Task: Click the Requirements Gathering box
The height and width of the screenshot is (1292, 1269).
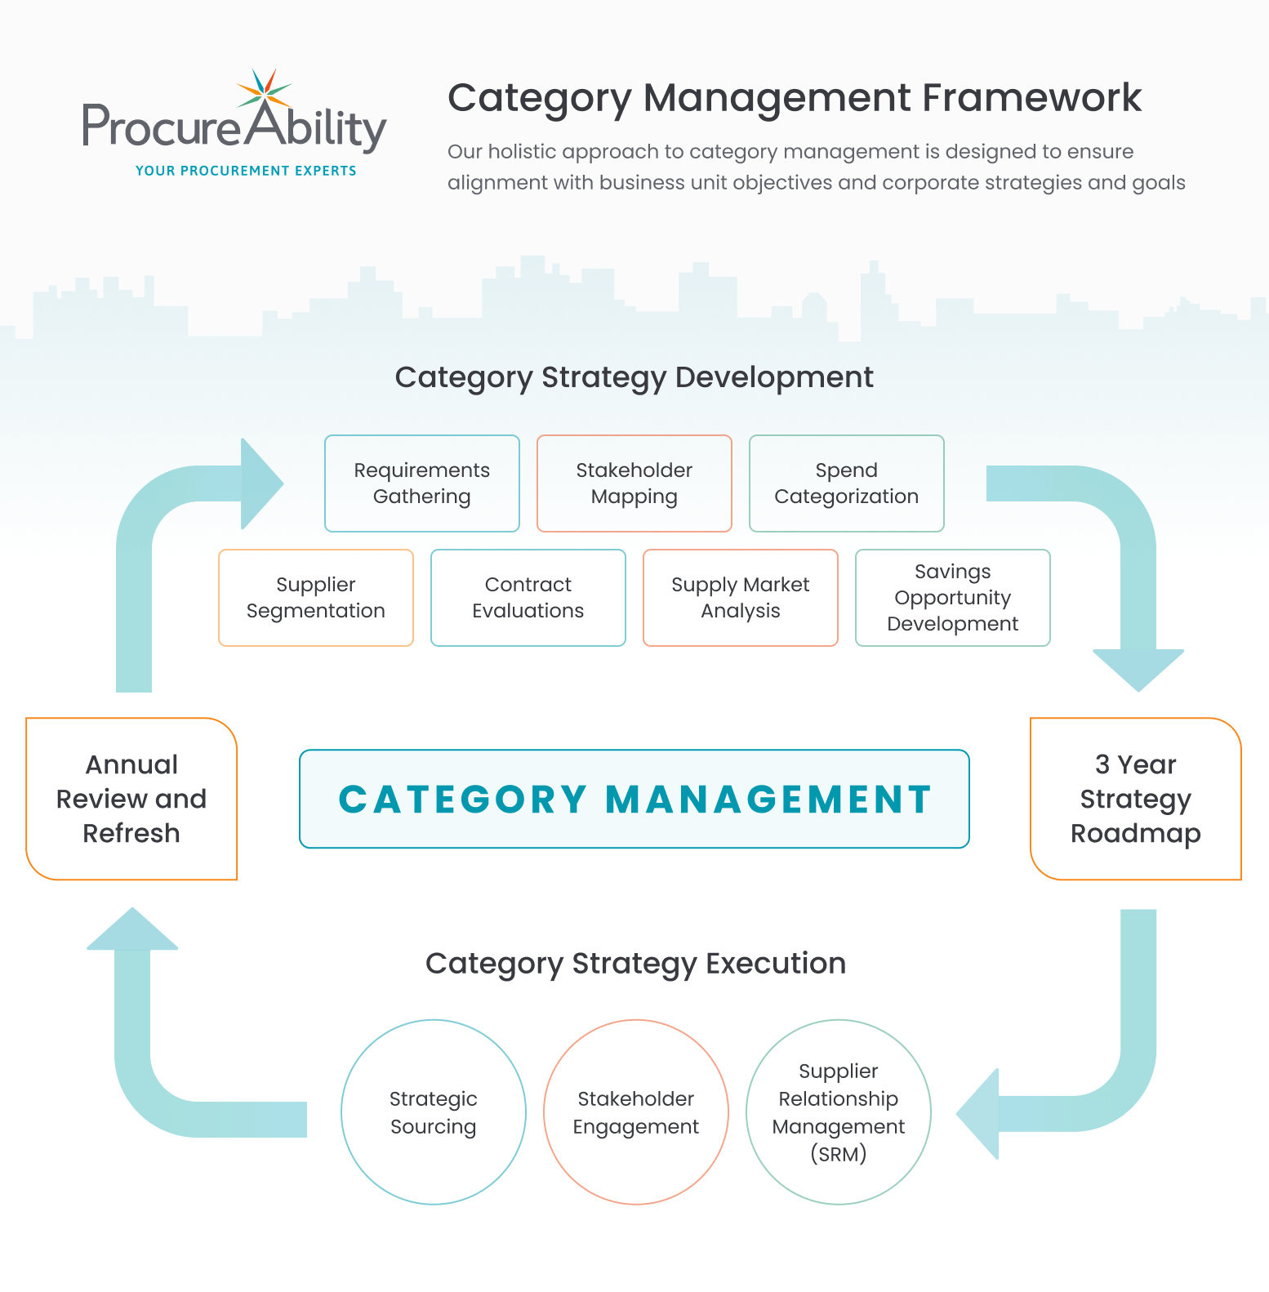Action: [x=421, y=483]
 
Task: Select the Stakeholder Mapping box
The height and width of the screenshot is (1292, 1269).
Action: [x=634, y=483]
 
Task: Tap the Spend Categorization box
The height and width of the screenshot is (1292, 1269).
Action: [x=846, y=483]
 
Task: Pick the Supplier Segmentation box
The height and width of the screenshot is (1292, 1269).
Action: [x=315, y=598]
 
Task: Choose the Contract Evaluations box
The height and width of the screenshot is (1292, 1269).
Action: [x=528, y=598]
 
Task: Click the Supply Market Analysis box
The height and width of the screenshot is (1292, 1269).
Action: [x=740, y=598]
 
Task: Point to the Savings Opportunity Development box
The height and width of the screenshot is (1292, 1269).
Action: [x=952, y=598]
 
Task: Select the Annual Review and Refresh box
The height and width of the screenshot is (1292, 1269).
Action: [x=131, y=799]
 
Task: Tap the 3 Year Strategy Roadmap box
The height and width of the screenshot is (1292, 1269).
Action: [x=1135, y=799]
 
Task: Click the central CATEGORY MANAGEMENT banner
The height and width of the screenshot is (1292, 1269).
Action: [x=634, y=799]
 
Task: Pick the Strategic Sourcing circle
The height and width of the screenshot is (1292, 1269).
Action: [x=433, y=1112]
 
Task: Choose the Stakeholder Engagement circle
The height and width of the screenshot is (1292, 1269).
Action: [x=635, y=1112]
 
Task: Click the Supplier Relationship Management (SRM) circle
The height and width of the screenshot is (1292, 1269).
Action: [x=838, y=1112]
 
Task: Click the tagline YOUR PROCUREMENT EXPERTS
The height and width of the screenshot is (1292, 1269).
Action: [x=246, y=171]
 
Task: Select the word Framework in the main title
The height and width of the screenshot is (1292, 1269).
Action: [x=1032, y=98]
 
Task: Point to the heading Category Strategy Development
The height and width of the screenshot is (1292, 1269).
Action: [x=634, y=377]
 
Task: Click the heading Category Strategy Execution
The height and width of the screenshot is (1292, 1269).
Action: [x=635, y=964]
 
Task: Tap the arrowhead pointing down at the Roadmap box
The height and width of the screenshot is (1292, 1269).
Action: [x=1138, y=669]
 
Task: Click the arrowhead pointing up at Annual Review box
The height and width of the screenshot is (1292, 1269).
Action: [x=132, y=930]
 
